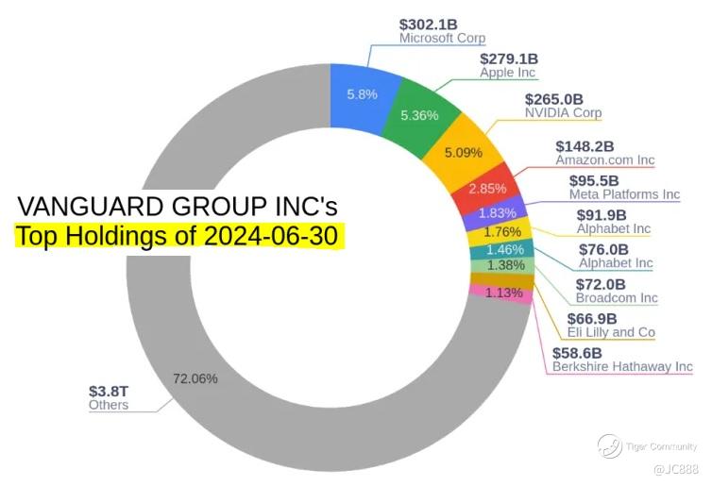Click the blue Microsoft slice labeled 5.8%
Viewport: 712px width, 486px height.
361,94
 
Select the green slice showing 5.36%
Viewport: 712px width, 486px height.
418,116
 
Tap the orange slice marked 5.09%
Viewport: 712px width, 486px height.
463,152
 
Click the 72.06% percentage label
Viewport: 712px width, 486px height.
195,378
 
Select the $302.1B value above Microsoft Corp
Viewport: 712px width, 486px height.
430,24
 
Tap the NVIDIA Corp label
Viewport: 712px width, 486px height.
563,113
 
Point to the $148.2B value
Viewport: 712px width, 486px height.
585,146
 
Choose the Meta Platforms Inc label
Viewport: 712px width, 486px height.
623,194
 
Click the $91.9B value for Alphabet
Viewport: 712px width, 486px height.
602,214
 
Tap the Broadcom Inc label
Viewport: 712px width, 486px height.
616,297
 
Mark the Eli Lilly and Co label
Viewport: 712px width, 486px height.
610,332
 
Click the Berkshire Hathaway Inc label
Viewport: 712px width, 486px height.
621,366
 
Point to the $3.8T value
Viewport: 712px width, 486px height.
108,391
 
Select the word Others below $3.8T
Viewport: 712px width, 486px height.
108,406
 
